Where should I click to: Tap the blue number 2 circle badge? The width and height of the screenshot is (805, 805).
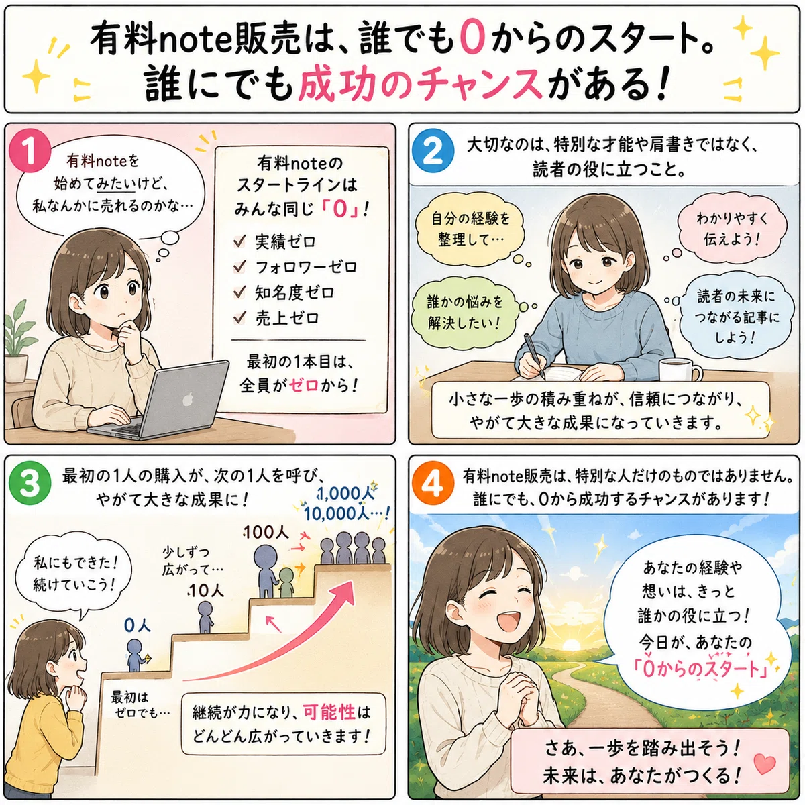point(433,151)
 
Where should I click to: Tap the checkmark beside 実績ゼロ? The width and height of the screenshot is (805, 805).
point(239,241)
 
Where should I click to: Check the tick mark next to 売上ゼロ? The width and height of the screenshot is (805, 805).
point(239,318)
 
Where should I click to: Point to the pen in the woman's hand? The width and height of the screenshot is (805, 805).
point(534,356)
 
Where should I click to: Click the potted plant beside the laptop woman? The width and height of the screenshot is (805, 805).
point(17,341)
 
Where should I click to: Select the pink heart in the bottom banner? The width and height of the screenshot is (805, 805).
point(765,765)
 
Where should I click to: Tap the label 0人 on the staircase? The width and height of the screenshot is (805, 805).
point(138,625)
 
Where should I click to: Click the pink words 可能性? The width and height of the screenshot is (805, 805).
point(329,712)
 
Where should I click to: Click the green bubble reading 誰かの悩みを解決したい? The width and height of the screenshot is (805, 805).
point(464,313)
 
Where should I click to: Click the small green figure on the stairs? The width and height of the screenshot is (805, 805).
point(286,582)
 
